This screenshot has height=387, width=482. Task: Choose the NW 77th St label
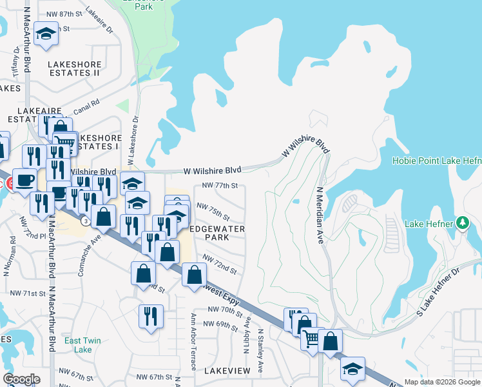click(x=220, y=185)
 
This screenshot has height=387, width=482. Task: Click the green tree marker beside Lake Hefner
click(x=461, y=223)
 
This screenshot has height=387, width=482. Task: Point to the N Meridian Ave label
click(x=320, y=215)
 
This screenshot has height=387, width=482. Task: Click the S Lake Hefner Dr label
click(x=439, y=287)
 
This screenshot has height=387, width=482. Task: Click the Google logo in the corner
click(x=21, y=379)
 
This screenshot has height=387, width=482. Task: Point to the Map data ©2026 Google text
click(x=441, y=382)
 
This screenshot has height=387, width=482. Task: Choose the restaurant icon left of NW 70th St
click(x=151, y=316)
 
